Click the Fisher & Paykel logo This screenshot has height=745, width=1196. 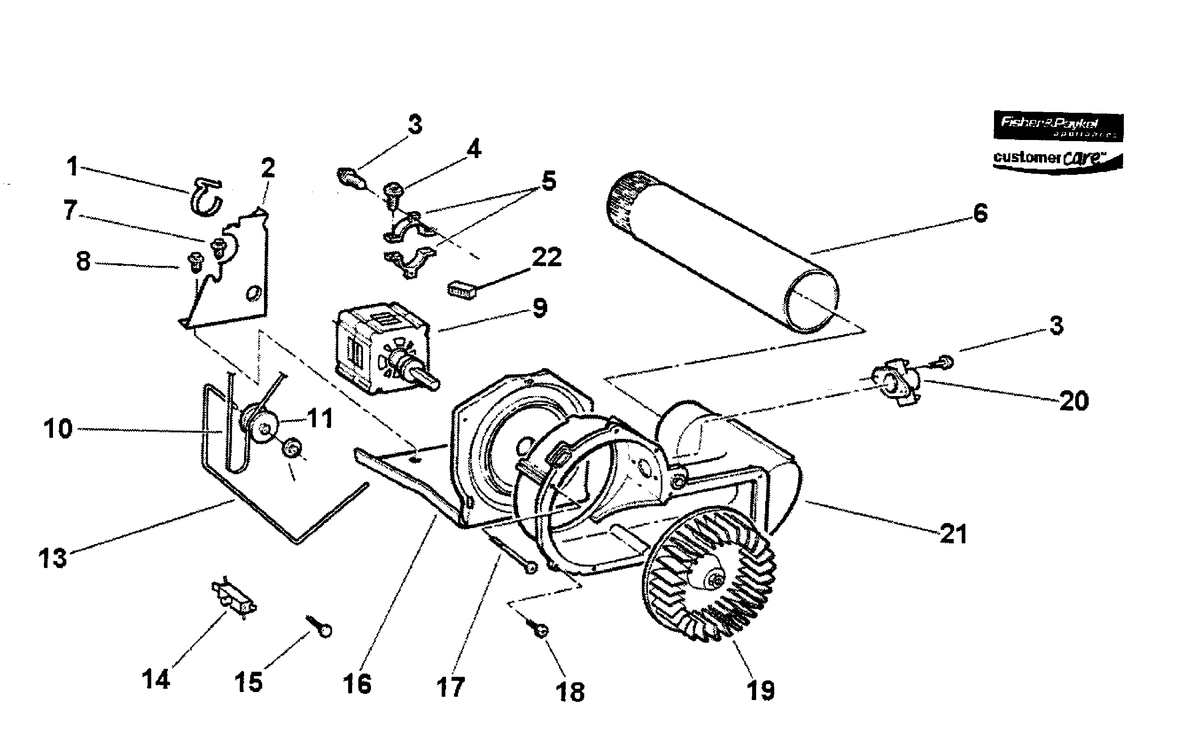click(x=1057, y=126)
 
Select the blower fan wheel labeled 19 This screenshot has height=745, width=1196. click(x=709, y=576)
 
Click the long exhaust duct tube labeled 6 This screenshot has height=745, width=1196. click(x=722, y=251)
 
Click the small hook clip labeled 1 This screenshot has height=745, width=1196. click(x=206, y=197)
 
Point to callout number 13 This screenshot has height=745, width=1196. click(x=53, y=558)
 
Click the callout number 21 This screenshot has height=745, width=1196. click(x=954, y=534)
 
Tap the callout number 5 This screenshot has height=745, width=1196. click(x=549, y=181)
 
